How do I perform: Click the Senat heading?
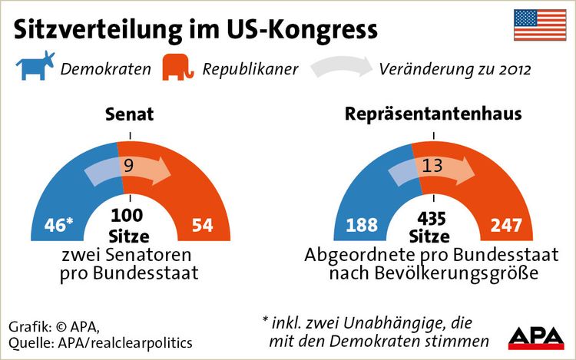129,114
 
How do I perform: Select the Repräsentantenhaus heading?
433,114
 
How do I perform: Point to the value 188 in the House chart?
362,226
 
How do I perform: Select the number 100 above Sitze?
128,215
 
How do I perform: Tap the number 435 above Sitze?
432,216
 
